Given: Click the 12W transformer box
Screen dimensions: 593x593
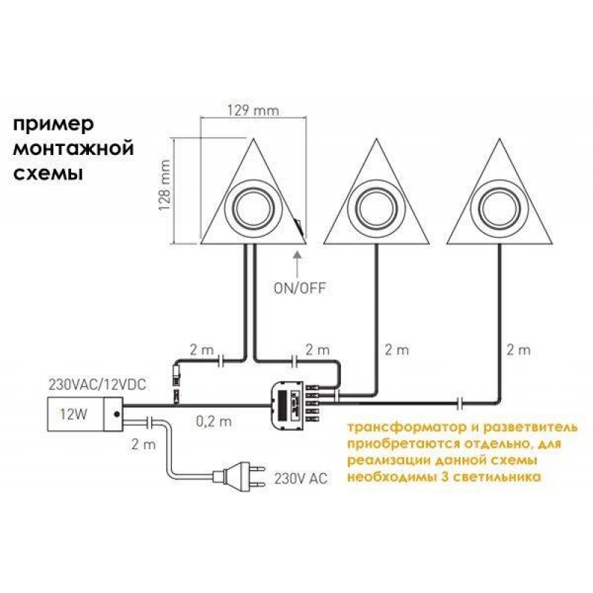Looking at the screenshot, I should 82,413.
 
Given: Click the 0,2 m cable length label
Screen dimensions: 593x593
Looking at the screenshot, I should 214,423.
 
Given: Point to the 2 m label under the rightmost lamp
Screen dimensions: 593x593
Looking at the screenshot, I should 520,349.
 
